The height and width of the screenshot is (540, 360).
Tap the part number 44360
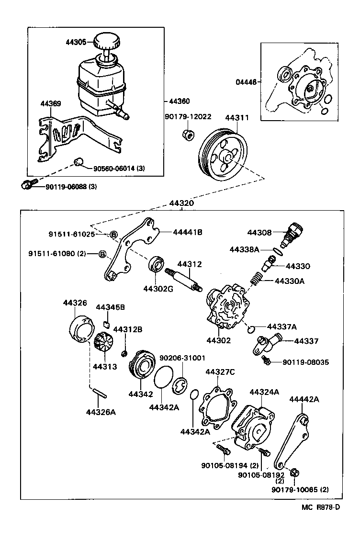(179, 101)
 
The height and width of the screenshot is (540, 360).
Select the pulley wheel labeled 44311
(223, 153)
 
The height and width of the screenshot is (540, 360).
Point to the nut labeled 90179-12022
(189, 134)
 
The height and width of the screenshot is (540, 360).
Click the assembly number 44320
(181, 203)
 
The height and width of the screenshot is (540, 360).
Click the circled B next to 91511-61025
(114, 234)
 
